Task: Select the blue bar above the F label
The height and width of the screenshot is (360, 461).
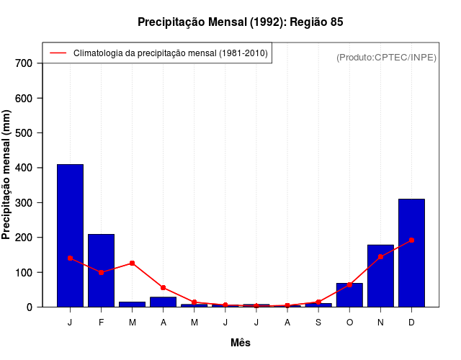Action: [x=101, y=270]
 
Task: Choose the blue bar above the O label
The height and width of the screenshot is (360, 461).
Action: [x=349, y=295]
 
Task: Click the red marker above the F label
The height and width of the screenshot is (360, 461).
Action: [x=101, y=272]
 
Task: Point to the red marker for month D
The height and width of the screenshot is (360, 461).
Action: [x=411, y=240]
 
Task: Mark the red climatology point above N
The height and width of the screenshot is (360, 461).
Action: [x=380, y=256]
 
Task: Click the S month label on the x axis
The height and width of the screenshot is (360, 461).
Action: [x=318, y=322]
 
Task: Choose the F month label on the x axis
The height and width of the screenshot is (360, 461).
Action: [x=101, y=322]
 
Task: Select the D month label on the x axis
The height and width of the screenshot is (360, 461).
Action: [x=411, y=322]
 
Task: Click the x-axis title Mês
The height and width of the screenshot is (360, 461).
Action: [x=241, y=343]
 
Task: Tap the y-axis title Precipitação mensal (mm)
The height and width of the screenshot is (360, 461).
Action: [x=8, y=180]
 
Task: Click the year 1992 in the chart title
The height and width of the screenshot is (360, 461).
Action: [x=266, y=22]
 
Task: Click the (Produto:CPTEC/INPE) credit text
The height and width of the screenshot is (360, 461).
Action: [x=386, y=57]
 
